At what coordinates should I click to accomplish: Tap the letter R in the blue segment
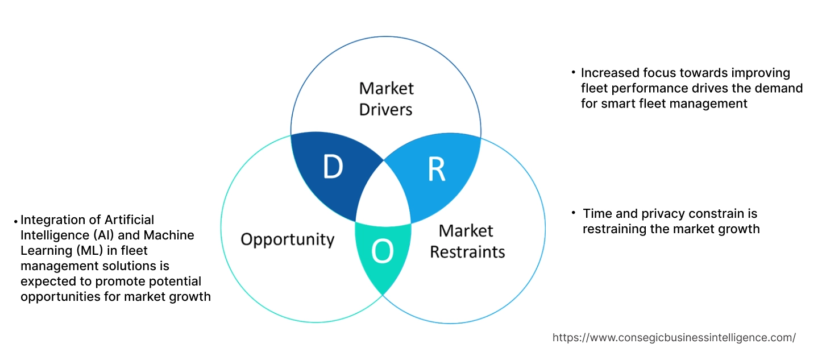tap(436, 169)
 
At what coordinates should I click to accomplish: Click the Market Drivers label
tap(386, 98)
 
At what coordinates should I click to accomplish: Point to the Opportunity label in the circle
tap(287, 239)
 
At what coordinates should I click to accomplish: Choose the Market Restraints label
tap(467, 241)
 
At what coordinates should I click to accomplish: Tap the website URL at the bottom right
tap(674, 337)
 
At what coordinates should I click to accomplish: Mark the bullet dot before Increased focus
tap(573, 72)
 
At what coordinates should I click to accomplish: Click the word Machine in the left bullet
tap(169, 235)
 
